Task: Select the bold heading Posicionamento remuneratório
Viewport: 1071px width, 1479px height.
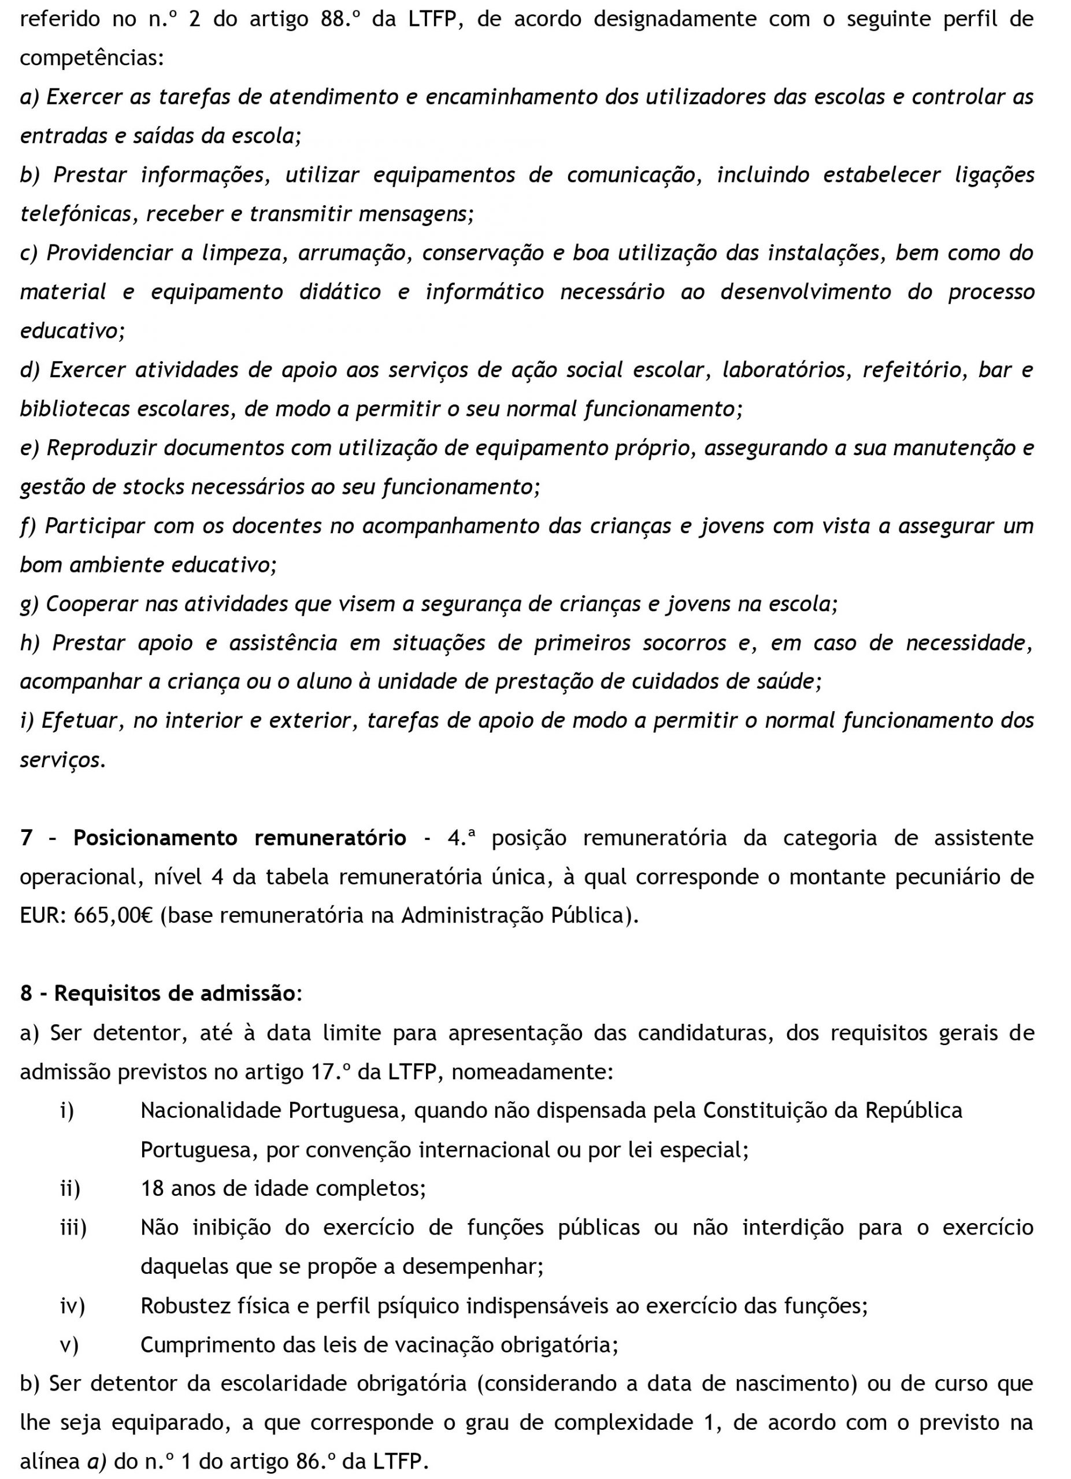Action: tap(239, 838)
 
